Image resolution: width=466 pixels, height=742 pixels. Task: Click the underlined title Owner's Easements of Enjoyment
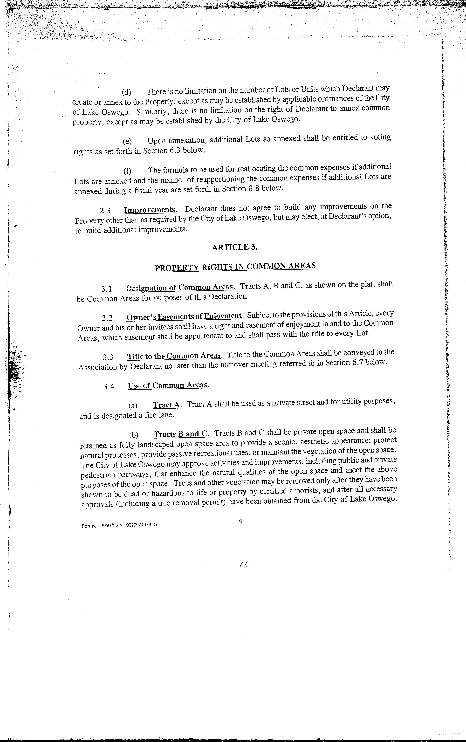184,316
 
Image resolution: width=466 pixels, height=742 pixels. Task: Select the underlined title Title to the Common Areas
174,356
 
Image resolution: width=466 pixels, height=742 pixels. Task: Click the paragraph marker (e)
127,141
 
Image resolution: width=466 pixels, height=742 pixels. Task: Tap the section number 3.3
108,357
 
